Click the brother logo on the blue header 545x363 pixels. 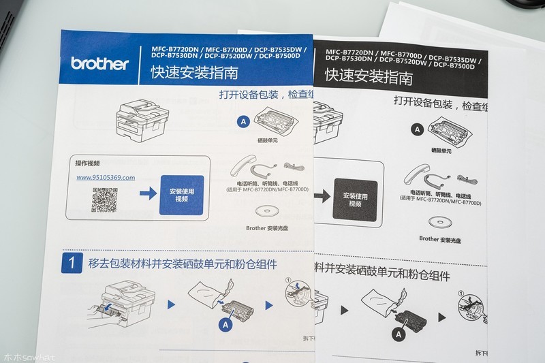(x=99, y=64)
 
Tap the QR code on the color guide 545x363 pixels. (x=105, y=200)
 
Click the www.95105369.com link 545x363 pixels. (x=106, y=177)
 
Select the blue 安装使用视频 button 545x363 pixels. (x=181, y=195)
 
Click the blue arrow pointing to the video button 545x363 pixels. (x=146, y=195)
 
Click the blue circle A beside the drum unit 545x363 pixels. (x=243, y=121)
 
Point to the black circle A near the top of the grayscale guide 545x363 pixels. (x=417, y=129)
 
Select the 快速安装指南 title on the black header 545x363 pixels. (x=369, y=77)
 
